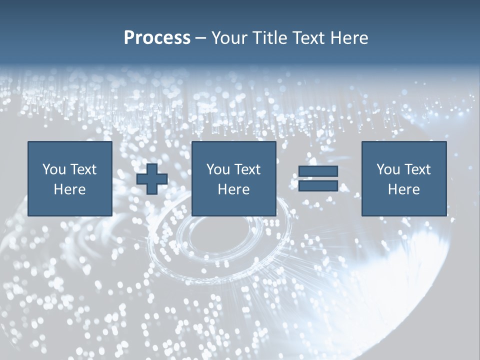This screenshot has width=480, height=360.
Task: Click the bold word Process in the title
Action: pos(157,38)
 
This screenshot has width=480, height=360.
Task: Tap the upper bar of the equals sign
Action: pos(318,171)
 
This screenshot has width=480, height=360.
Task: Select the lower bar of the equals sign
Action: pos(318,186)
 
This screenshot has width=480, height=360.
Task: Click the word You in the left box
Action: pos(53,169)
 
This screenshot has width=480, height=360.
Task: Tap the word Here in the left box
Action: pos(69,189)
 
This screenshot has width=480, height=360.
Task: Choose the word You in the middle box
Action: pos(217,169)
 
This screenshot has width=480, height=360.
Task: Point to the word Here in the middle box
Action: pos(233,189)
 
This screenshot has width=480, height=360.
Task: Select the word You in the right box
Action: pos(387,169)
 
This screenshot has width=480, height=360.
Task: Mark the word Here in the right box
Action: pos(403,189)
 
